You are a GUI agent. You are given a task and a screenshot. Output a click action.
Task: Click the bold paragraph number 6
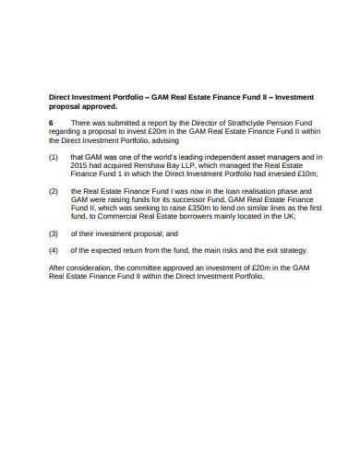click(x=51, y=122)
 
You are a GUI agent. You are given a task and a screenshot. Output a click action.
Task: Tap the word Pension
click(x=257, y=122)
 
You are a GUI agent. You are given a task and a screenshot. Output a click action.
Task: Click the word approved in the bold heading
click(x=99, y=106)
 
